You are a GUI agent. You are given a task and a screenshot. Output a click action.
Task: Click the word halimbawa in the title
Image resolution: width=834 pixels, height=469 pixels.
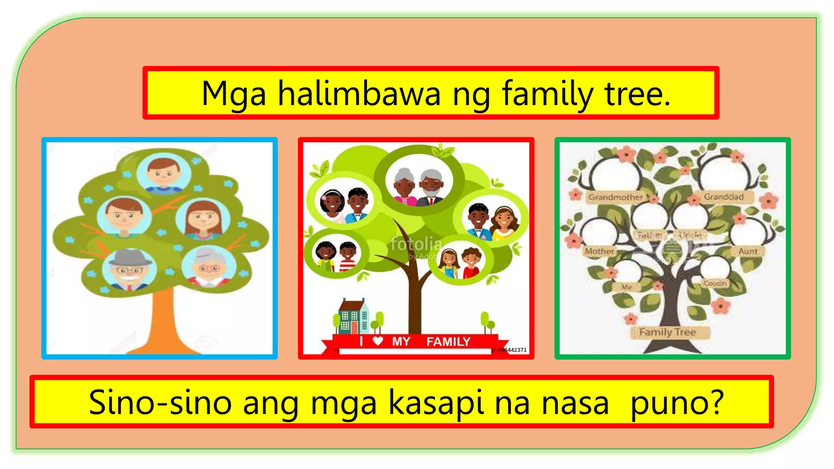pyautogui.click(x=359, y=94)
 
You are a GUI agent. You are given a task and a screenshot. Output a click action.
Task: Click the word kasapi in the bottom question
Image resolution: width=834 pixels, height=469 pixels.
pyautogui.click(x=436, y=403)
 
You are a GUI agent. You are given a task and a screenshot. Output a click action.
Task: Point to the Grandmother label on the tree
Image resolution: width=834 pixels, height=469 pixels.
pyautogui.click(x=615, y=197)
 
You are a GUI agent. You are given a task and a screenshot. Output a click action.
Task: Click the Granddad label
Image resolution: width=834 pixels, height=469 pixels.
pyautogui.click(x=724, y=197)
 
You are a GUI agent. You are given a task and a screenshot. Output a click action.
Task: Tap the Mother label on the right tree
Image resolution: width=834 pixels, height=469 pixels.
pyautogui.click(x=599, y=251)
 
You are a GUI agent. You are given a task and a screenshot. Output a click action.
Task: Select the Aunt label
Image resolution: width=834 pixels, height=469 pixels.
pyautogui.click(x=748, y=251)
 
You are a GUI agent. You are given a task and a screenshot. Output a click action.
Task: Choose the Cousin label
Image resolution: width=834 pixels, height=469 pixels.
pyautogui.click(x=715, y=283)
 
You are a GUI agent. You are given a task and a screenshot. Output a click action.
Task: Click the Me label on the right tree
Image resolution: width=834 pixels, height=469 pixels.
pyautogui.click(x=626, y=287)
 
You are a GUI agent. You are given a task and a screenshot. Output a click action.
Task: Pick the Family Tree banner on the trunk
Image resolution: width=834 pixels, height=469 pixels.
pyautogui.click(x=667, y=332)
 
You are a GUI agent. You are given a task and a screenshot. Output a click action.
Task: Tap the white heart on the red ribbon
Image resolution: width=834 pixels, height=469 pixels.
pyautogui.click(x=377, y=341)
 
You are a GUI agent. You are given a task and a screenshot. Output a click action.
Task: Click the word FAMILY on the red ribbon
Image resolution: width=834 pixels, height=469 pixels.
pyautogui.click(x=448, y=342)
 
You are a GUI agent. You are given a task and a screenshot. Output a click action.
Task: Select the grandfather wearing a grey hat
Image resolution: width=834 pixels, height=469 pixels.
pyautogui.click(x=129, y=269)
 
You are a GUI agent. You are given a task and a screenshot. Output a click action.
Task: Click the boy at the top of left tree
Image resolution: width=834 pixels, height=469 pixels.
pyautogui.click(x=163, y=173)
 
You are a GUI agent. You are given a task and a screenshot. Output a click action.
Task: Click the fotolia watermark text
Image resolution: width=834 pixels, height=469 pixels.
pyautogui.click(x=416, y=244)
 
